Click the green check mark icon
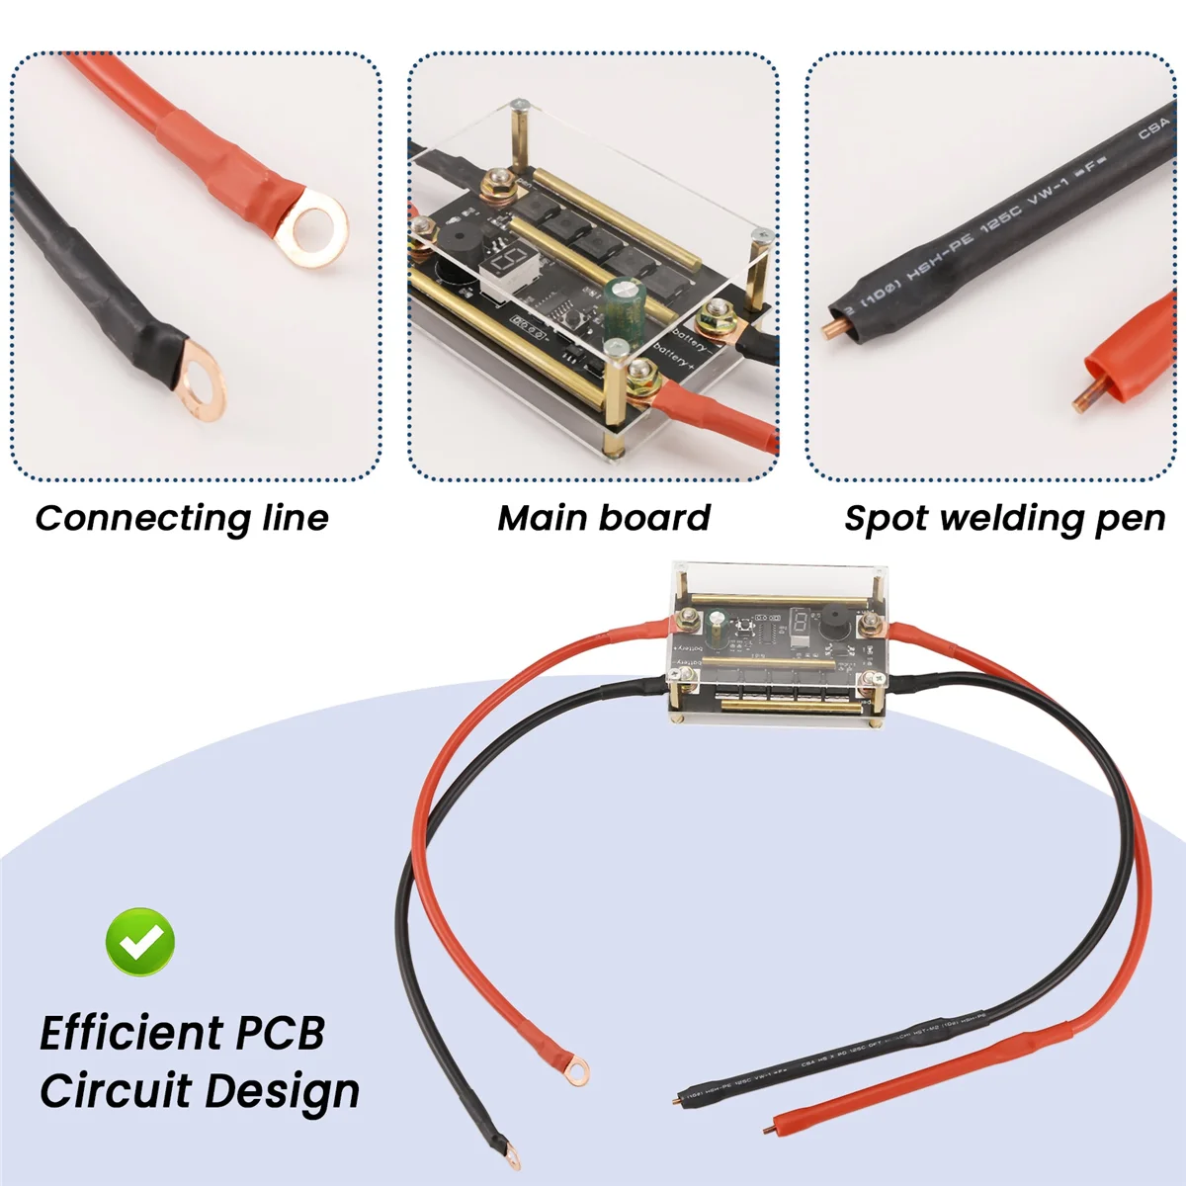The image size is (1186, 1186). (140, 942)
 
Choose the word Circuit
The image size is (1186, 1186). (115, 1091)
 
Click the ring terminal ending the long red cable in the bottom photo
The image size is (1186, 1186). (574, 1067)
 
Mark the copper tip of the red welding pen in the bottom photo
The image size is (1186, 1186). (773, 1127)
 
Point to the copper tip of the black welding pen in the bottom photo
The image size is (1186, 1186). (678, 1099)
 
